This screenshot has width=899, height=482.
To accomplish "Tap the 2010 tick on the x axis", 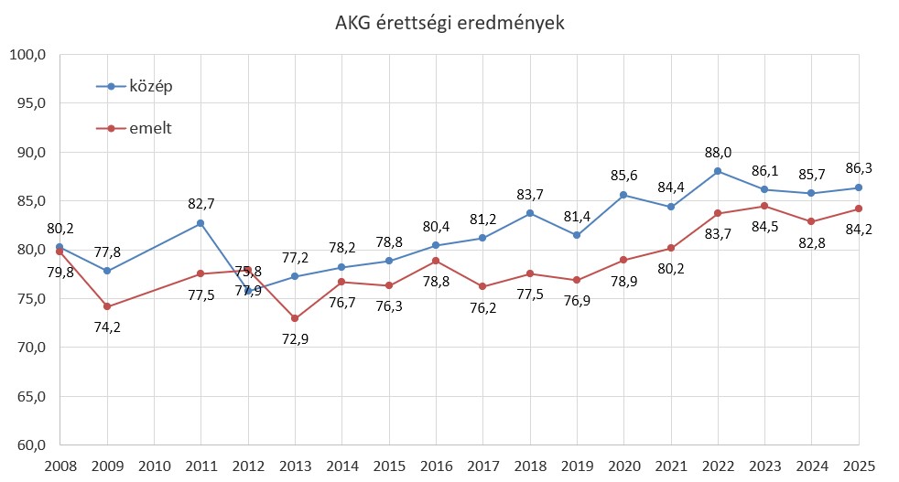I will (x=154, y=465).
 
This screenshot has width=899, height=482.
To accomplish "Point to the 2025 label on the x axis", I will (x=859, y=465).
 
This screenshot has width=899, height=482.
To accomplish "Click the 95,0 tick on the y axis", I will (x=28, y=103).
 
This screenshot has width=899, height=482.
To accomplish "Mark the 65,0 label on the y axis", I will (x=28, y=397).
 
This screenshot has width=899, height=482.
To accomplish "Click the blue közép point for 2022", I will (x=718, y=171).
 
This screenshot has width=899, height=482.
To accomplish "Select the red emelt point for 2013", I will (x=295, y=318).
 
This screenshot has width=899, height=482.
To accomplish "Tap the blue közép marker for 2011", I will (x=200, y=223).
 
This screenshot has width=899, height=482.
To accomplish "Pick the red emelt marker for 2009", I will (x=107, y=306).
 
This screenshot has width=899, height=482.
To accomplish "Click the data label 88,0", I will (x=718, y=153).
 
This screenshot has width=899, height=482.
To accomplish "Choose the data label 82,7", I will (x=200, y=203).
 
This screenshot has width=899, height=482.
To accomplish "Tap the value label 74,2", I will (x=107, y=327).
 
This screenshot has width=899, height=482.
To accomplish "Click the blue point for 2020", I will (x=623, y=195).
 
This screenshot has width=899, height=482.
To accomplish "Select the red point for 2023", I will (x=764, y=206).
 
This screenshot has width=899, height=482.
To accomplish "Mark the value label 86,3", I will (x=859, y=169).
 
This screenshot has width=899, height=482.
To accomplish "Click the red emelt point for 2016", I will (x=436, y=261).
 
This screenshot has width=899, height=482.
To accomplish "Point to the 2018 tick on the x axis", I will (x=529, y=465).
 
